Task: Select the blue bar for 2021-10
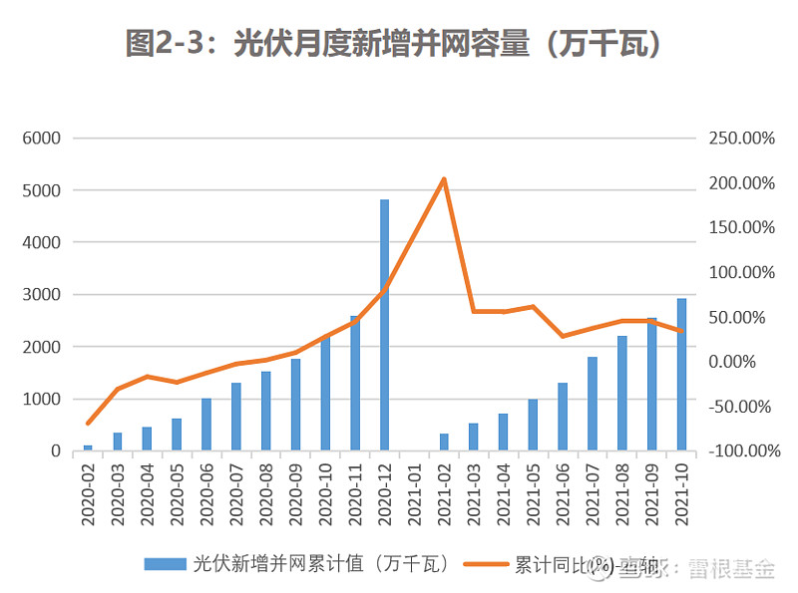coord(681,375)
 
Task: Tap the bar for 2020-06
coord(206,425)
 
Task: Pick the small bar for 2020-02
coord(88,447)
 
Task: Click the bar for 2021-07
coord(593,404)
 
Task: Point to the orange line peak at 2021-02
coord(444,179)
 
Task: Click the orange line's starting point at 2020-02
coord(88,424)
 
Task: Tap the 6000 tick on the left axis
coord(42,138)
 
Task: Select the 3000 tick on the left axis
coord(42,295)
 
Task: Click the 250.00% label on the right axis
coord(741,139)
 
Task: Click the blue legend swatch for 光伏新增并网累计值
coord(165,564)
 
